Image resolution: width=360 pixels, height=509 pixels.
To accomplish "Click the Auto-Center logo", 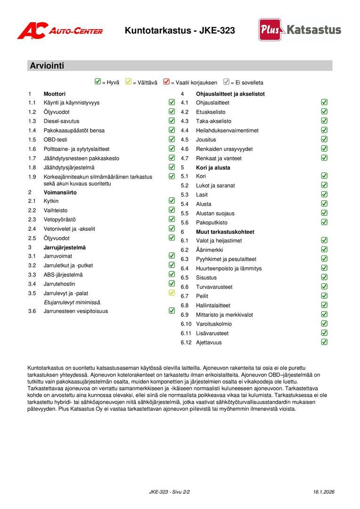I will click(60, 31).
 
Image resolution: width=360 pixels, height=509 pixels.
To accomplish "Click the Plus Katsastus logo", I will click(300, 30).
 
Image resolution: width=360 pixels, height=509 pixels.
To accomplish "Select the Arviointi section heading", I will click(47, 66).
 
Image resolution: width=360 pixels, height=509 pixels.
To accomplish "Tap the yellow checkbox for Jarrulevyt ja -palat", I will click(172, 293).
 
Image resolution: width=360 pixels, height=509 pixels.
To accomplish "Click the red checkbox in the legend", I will click(166, 82).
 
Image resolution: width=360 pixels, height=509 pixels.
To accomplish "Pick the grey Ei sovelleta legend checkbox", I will click(226, 82).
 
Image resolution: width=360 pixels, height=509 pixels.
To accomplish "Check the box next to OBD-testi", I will click(172, 139).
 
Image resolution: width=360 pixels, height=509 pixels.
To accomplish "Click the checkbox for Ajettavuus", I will click(324, 342).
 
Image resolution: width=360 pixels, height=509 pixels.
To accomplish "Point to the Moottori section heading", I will click(55, 94).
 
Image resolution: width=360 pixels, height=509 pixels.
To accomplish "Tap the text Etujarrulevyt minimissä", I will click(72, 302).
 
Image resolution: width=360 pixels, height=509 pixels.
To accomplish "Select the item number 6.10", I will click(186, 324).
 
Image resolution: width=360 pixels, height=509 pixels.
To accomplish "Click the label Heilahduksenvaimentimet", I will click(227, 131).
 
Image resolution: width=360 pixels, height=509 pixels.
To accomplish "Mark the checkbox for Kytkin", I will click(172, 201).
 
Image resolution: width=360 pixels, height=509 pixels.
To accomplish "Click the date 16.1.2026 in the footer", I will click(324, 492).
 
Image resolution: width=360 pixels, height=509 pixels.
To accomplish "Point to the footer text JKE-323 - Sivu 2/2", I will click(169, 492).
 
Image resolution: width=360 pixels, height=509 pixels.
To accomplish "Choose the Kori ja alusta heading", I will click(213, 167).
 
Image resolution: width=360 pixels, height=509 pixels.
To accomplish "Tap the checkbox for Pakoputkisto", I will click(324, 222).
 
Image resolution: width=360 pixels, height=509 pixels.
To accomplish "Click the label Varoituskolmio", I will click(214, 324).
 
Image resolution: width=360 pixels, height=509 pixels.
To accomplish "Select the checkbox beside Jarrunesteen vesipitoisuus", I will click(172, 311).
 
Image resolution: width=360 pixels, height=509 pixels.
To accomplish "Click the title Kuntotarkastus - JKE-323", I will click(180, 31).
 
